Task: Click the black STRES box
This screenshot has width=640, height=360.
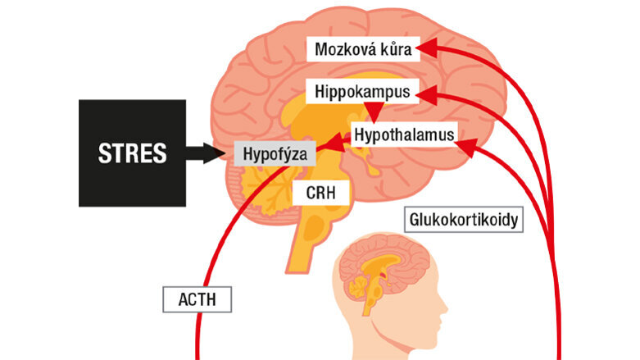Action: [132, 153]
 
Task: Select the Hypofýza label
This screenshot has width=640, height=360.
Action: [275, 153]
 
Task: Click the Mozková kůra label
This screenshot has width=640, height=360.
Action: [363, 49]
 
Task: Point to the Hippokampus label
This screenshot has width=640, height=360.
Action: [362, 92]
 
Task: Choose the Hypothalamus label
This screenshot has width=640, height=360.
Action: [404, 134]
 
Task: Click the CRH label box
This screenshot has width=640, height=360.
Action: [320, 193]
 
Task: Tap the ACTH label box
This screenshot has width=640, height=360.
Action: [197, 299]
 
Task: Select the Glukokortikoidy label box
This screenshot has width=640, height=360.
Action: [464, 220]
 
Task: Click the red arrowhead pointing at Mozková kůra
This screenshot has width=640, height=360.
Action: [427, 48]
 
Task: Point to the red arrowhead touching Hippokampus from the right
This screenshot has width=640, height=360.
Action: [426, 96]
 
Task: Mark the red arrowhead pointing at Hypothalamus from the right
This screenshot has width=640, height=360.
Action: [466, 147]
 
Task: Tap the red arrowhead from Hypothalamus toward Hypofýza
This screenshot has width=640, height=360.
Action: [336, 143]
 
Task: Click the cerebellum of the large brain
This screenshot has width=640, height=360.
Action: [261, 192]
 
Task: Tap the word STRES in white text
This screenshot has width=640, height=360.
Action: [132, 153]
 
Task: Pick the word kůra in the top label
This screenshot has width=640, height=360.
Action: [396, 49]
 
